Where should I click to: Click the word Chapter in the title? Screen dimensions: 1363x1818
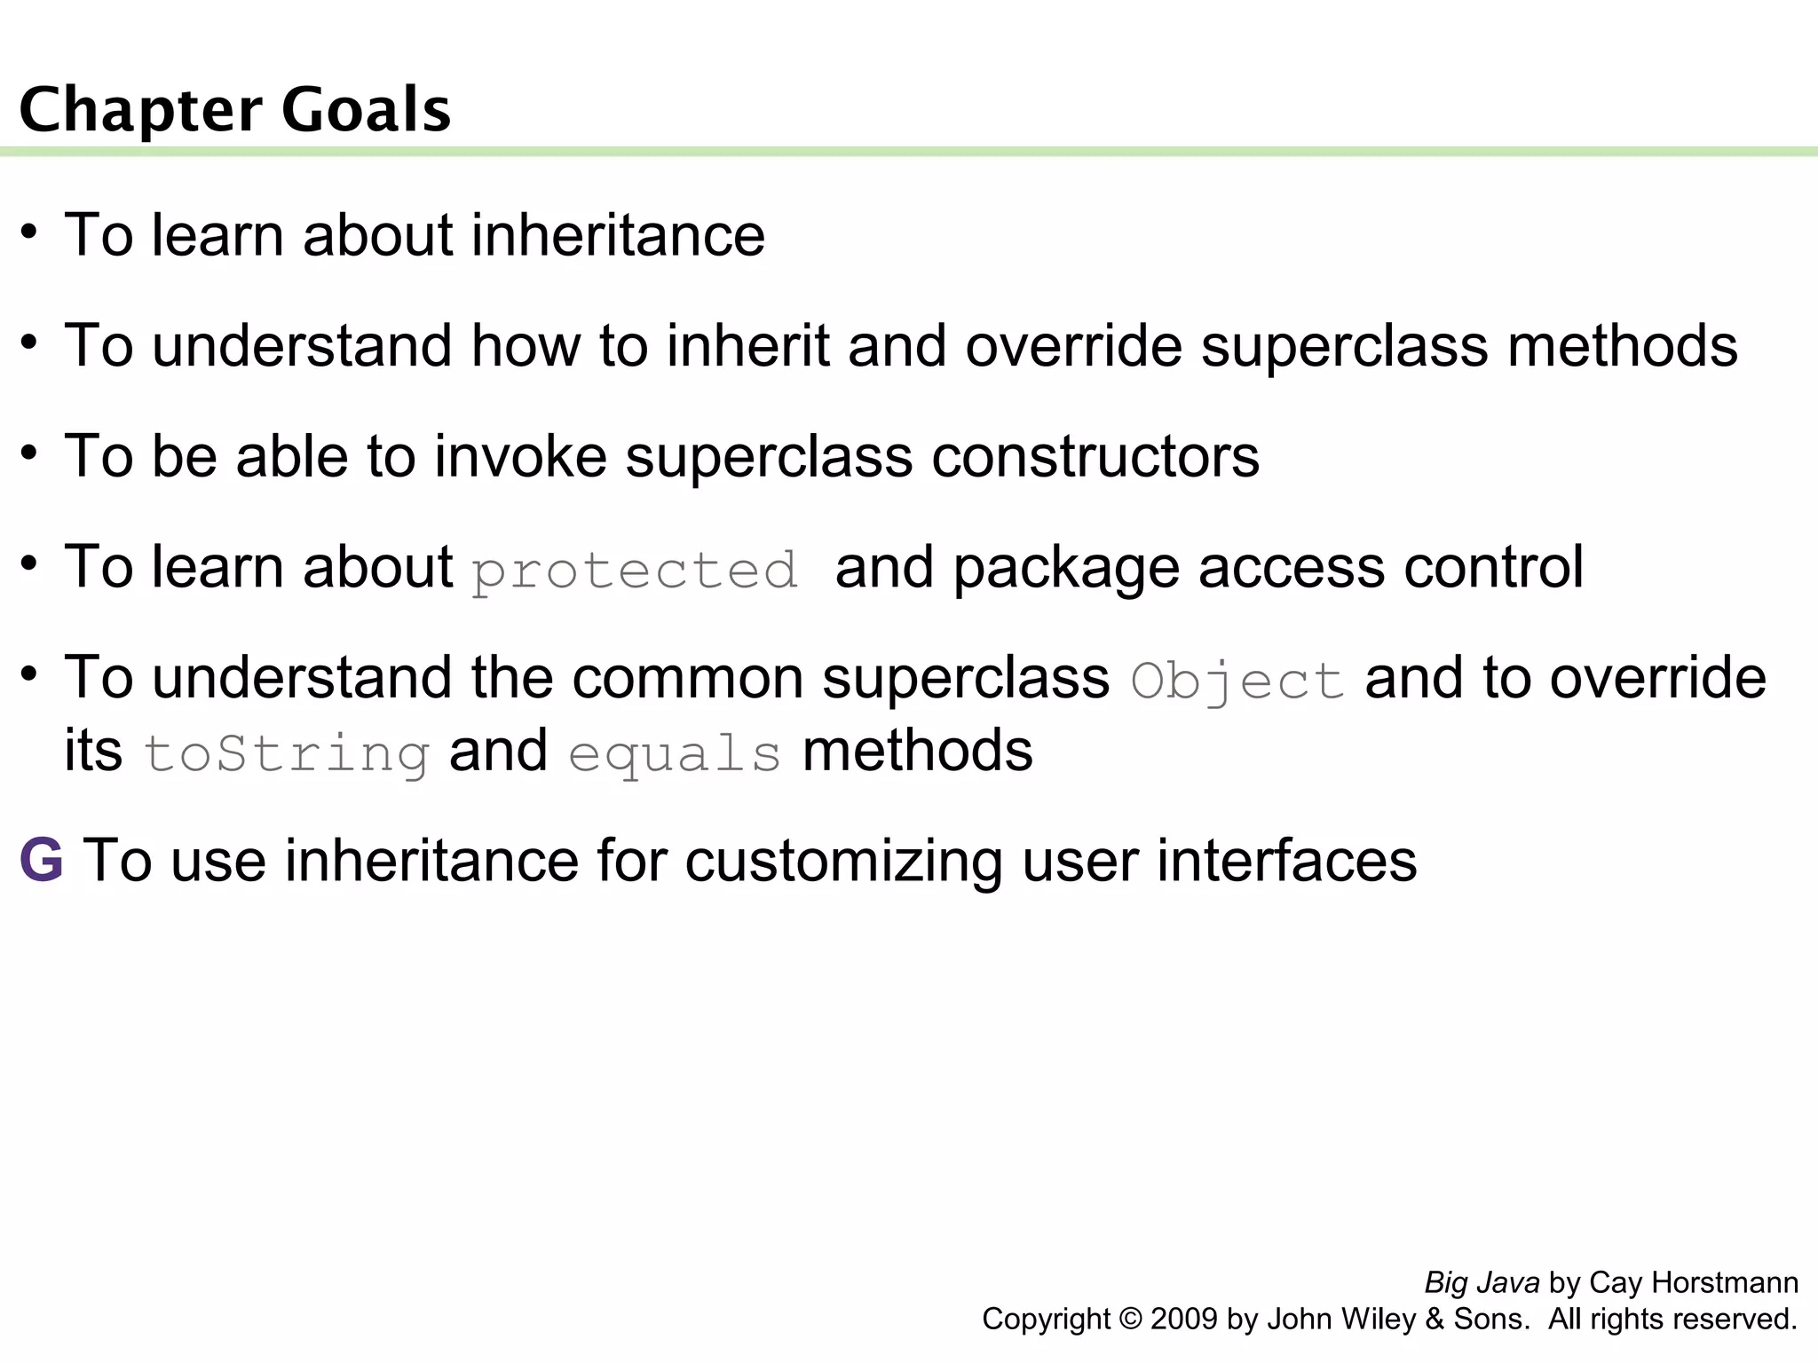tap(140, 110)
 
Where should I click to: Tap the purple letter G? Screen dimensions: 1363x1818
tap(42, 860)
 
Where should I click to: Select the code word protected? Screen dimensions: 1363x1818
tap(635, 571)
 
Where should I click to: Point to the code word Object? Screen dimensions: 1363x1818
tap(1237, 681)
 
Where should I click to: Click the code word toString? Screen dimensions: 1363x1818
tap(287, 754)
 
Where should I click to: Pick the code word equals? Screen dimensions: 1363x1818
tap(675, 754)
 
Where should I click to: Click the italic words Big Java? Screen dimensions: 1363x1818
tap(1482, 1282)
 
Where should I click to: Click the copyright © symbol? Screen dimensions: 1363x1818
tap(1131, 1319)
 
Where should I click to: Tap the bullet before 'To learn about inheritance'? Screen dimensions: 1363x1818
tap(30, 232)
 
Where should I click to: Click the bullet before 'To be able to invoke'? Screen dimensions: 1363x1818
tap(30, 453)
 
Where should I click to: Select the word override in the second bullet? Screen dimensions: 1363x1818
tap(1074, 345)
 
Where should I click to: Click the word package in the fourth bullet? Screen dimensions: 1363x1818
tap(1066, 568)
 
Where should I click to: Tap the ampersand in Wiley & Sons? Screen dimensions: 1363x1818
tap(1435, 1319)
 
